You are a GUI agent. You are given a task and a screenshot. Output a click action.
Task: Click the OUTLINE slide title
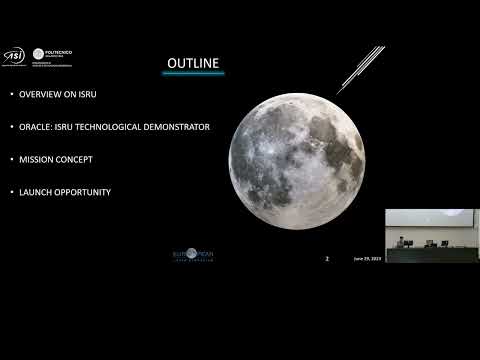(192, 64)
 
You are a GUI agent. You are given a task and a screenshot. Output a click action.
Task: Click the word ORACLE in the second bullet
(35, 127)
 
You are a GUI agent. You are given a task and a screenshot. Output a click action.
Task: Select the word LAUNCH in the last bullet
(36, 191)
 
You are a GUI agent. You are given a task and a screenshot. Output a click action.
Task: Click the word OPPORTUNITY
(85, 191)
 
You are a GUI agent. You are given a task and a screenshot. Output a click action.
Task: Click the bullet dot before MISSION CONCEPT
(11, 159)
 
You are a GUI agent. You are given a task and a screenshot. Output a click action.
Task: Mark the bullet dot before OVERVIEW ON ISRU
(11, 95)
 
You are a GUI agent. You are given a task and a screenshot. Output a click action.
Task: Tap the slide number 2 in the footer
(327, 258)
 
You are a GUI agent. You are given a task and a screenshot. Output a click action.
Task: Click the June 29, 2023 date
(367, 258)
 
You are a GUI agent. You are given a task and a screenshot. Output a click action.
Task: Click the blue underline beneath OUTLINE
(192, 74)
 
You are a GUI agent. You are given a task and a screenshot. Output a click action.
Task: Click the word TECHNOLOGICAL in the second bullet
(109, 127)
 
